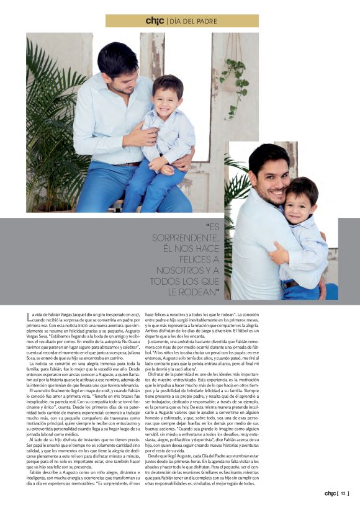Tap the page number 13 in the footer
(343, 494)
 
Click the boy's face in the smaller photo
(302, 205)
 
